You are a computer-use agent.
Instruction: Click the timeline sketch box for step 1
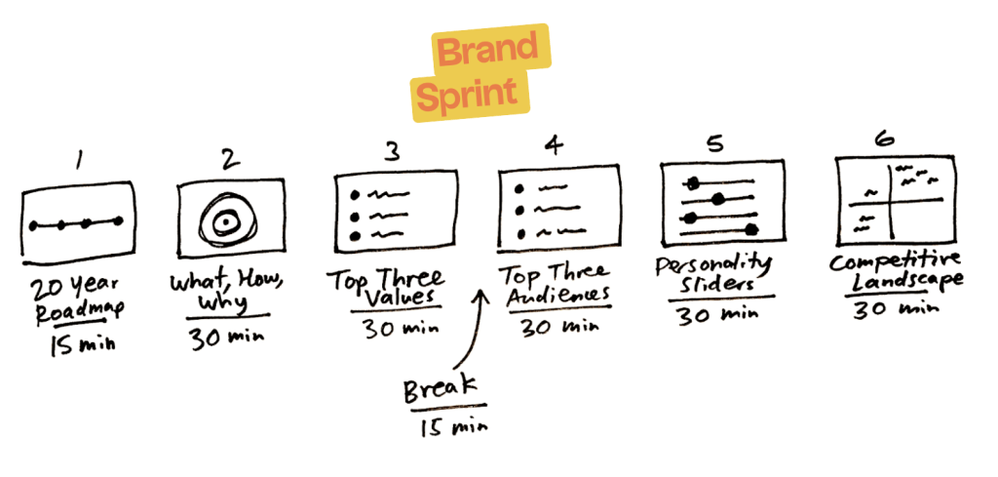pos(76,223)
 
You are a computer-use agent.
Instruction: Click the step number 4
pos(554,147)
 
